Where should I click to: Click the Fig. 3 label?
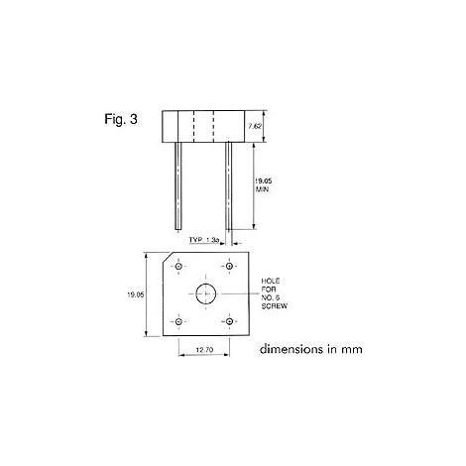(x=121, y=119)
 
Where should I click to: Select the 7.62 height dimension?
(x=255, y=126)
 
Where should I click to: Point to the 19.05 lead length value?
(x=263, y=180)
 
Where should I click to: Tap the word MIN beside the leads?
(x=262, y=189)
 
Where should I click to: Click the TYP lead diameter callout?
(x=204, y=240)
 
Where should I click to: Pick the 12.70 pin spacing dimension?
(x=204, y=349)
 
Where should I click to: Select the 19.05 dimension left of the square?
(x=136, y=294)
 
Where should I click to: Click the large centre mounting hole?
(x=206, y=293)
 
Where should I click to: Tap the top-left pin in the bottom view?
(x=178, y=266)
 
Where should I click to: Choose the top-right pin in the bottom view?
(x=229, y=266)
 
